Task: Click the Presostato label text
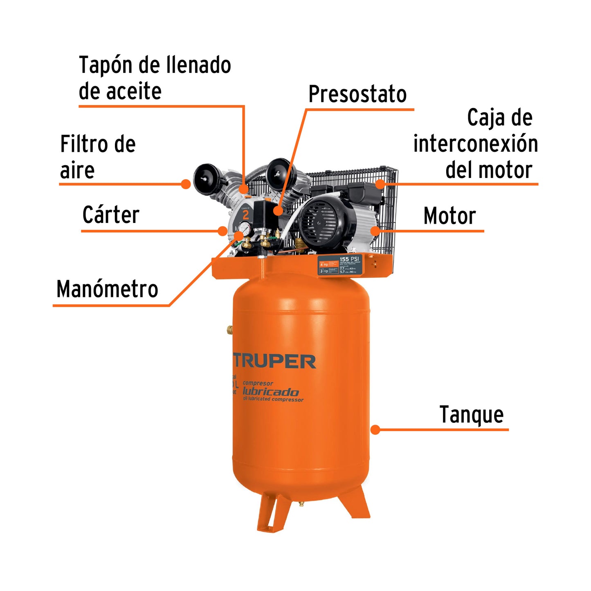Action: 357,95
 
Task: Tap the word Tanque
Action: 471,415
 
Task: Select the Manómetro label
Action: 107,289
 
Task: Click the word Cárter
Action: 111,215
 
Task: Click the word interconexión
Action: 475,144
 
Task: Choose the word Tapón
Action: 105,65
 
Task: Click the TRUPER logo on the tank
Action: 274,362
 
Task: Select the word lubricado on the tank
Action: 270,392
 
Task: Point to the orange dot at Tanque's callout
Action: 375,429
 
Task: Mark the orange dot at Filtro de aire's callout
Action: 186,184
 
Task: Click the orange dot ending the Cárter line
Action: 222,231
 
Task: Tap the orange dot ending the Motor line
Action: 375,231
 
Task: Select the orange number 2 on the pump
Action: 246,214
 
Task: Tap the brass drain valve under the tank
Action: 301,504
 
